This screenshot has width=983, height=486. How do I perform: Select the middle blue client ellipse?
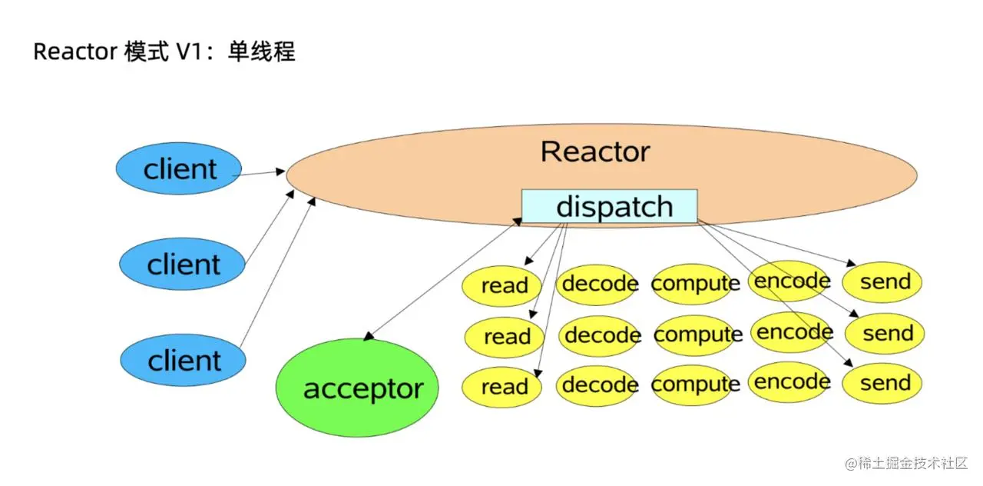[182, 265]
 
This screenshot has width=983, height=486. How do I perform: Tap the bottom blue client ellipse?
[183, 360]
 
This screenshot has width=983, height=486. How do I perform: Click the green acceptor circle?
[356, 388]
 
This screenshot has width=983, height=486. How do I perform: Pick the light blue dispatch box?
[609, 206]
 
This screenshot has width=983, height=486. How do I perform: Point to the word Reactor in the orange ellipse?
[595, 151]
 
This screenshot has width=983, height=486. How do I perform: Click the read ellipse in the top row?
[502, 285]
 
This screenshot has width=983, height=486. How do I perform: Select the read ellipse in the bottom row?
[502, 387]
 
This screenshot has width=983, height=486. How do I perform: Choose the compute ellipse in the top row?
[695, 283]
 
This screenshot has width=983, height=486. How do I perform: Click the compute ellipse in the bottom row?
[696, 384]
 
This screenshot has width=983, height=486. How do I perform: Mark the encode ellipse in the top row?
[791, 281]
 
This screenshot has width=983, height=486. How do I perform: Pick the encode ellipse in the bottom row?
[791, 382]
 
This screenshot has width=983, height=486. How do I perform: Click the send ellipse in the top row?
[883, 282]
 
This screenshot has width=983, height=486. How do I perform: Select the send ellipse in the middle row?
[885, 334]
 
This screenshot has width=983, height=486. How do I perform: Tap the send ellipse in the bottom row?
[883, 383]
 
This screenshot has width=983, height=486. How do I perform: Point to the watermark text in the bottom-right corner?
[905, 463]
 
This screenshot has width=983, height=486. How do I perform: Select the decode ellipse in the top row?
[599, 284]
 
